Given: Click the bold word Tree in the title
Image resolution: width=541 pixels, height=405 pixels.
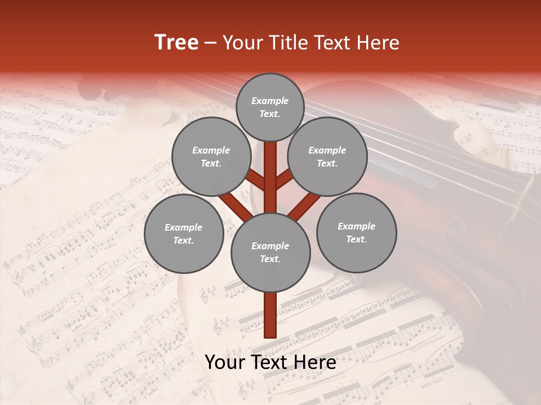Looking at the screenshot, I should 176,43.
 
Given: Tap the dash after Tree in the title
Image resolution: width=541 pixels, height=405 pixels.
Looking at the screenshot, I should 211,43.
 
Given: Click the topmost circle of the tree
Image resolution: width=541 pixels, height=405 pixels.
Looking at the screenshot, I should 270,107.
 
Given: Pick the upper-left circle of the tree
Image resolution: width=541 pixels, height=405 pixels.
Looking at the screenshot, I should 211,156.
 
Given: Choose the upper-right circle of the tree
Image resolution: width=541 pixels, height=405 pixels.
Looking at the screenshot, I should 327,156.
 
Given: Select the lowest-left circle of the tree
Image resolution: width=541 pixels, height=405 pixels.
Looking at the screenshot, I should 183,233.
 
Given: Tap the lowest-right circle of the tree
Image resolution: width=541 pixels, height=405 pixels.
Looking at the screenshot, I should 356,232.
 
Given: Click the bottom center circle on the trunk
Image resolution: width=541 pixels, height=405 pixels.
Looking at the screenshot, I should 270,252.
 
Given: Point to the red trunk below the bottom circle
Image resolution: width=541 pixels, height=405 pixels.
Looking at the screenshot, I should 270,315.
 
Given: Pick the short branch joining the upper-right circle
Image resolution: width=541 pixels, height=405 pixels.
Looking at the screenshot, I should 285,180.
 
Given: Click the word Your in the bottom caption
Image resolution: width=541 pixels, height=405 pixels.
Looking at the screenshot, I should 224,362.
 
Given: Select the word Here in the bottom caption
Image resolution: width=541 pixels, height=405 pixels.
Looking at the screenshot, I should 317,362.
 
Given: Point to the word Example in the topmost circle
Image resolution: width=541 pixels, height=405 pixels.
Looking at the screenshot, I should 270,101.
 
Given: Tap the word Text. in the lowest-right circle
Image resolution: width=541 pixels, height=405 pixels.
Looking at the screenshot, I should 356,239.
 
